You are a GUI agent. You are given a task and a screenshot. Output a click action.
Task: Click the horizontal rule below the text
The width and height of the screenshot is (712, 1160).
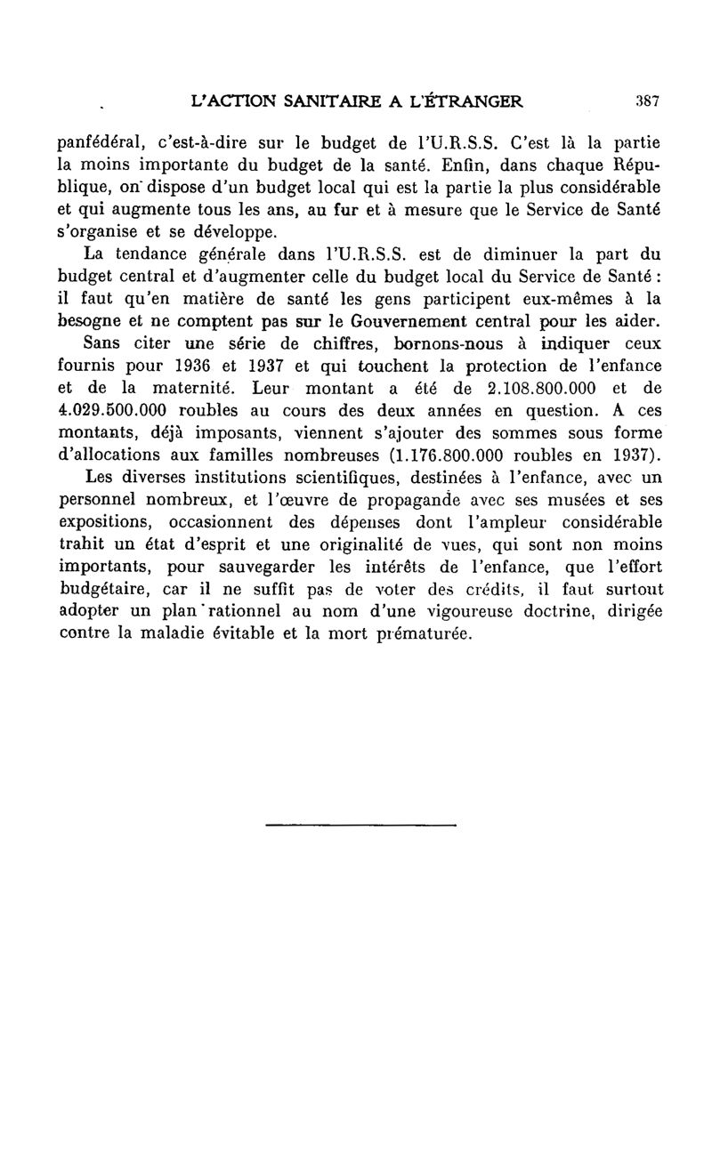pyautogui.click(x=360, y=826)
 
